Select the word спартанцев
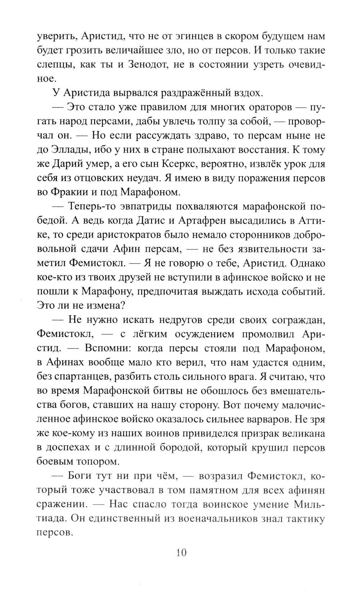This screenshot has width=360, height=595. click(x=78, y=377)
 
